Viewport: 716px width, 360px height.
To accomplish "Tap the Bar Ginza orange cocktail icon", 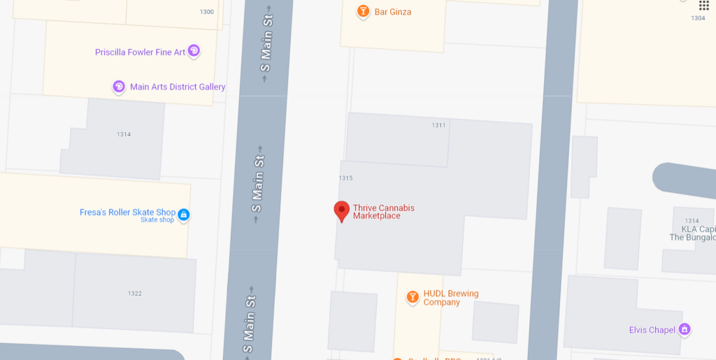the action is point(363,11).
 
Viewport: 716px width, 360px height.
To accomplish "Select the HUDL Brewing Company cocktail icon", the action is point(413,298).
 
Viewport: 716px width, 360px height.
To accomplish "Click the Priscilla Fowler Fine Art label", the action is point(141,52).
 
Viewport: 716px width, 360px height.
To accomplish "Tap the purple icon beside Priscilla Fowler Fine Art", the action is point(194,50).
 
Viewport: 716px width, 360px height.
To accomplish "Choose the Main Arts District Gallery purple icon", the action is point(119,87).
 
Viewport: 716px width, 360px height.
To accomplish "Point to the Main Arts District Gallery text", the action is point(178,87).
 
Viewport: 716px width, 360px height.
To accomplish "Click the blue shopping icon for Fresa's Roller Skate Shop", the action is point(183,214).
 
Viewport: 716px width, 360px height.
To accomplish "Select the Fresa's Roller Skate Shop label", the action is point(127,212).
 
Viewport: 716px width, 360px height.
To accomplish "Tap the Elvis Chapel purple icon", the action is point(685,329).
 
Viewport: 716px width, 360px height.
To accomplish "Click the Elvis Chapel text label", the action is point(652,330).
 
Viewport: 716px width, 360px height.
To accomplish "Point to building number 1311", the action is point(438,125).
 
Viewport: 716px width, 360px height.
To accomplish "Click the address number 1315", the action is point(345,178).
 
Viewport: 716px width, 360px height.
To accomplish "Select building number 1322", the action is point(135,294).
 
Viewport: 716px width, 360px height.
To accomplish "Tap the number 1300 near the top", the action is point(207,12).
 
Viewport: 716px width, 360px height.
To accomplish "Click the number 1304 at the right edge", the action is point(698,18).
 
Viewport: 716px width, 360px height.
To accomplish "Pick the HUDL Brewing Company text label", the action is point(451,298).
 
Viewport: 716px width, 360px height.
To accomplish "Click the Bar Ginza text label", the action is point(393,12).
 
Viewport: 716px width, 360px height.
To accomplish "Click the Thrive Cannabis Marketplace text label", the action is point(383,212).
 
